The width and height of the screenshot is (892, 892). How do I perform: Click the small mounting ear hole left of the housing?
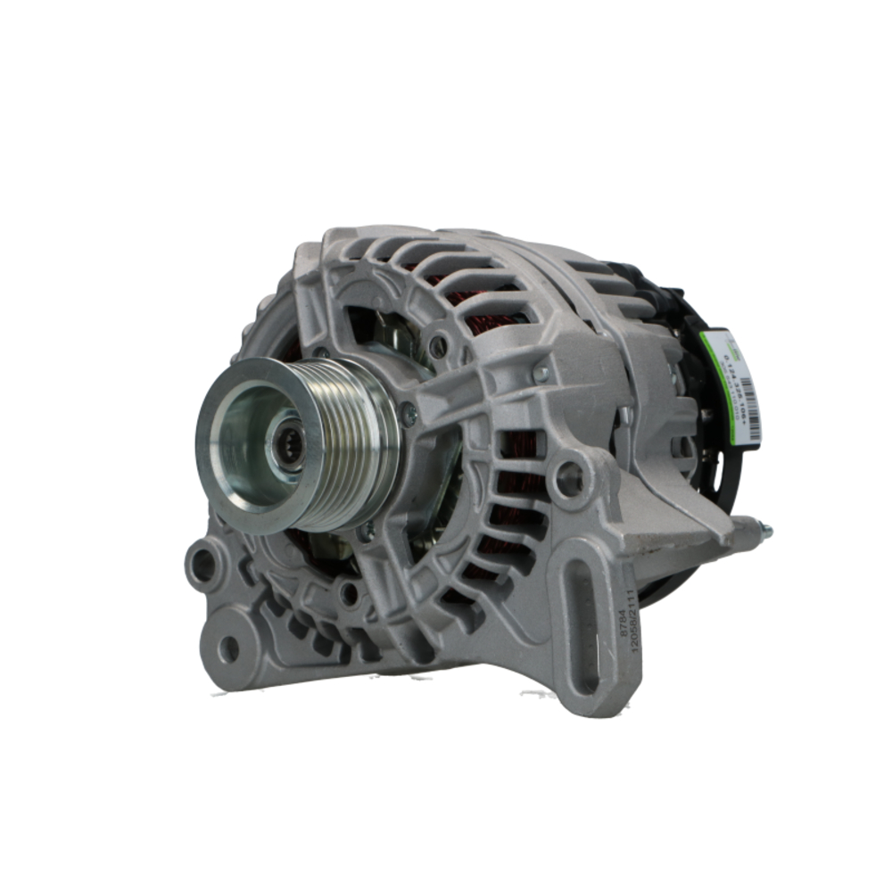(x=202, y=564)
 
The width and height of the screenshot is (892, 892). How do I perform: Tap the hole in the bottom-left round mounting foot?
(x=229, y=648)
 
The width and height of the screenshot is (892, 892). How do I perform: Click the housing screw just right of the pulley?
(x=409, y=413)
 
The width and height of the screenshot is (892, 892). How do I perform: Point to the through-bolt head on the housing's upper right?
(x=541, y=375)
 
